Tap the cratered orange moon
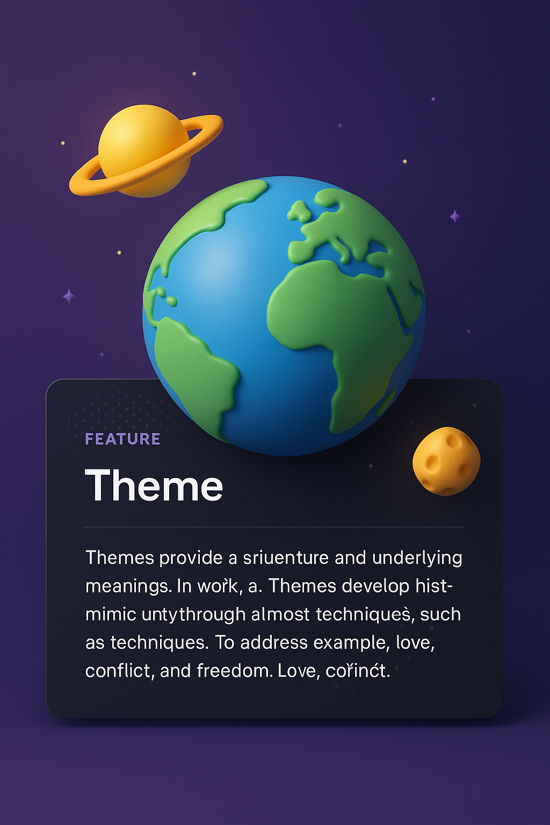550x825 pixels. (x=446, y=461)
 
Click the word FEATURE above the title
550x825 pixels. (x=122, y=439)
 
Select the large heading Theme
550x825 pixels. (x=154, y=486)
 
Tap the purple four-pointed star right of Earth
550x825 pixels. (x=455, y=216)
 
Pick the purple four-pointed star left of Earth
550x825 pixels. (x=69, y=296)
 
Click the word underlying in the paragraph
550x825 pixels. (x=417, y=558)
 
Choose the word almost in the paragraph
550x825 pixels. (x=280, y=614)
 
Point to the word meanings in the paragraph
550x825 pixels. (x=128, y=587)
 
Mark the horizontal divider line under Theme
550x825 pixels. (x=273, y=527)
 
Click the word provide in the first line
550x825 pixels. (x=191, y=558)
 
